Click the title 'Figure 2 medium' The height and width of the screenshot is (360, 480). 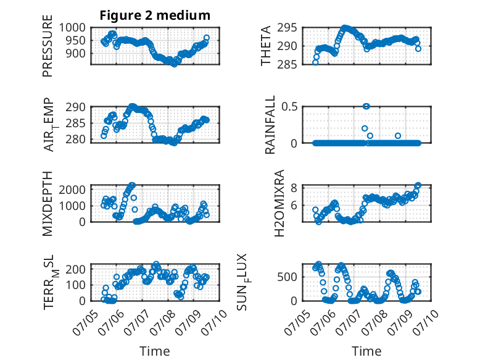click(x=155, y=15)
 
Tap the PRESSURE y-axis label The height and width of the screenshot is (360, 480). click(x=48, y=46)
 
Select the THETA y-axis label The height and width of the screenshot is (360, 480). click(x=266, y=46)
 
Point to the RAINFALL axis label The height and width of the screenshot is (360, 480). click(x=270, y=125)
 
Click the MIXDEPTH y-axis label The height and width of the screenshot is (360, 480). click(x=48, y=203)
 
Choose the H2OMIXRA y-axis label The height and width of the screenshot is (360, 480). click(x=279, y=203)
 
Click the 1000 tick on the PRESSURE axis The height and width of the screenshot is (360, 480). click(x=72, y=28)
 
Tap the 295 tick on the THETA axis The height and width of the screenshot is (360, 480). click(x=287, y=28)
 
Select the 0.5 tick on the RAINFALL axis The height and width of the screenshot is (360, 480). click(x=289, y=107)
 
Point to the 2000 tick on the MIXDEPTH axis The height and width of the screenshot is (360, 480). click(x=72, y=190)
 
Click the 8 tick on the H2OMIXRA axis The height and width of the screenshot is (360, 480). click(x=294, y=188)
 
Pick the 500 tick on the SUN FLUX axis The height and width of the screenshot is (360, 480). click(x=287, y=277)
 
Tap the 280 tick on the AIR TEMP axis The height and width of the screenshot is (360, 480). click(x=75, y=140)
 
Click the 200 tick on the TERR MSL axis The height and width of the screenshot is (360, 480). click(x=75, y=269)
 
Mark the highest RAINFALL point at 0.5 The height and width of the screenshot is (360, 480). click(x=366, y=106)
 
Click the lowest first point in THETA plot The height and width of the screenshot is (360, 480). click(x=315, y=62)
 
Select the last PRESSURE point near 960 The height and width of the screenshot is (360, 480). click(x=207, y=38)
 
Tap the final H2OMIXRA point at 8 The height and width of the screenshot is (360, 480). click(x=418, y=185)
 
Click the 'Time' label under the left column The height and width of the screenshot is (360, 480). click(x=155, y=351)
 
